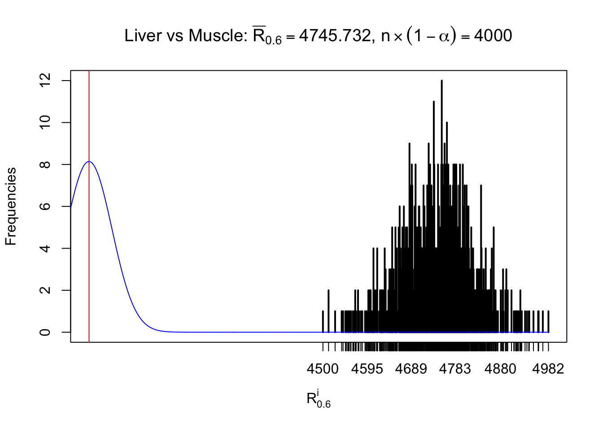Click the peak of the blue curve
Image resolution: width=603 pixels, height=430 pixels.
pyautogui.click(x=89, y=162)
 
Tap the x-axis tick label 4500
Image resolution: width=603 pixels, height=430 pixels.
pyautogui.click(x=323, y=369)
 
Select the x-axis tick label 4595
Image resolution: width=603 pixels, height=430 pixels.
pyautogui.click(x=367, y=369)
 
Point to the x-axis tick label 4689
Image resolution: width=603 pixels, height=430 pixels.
pyautogui.click(x=411, y=369)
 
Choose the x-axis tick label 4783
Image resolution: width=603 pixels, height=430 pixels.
pyautogui.click(x=455, y=369)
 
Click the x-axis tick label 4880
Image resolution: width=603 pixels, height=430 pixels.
pyautogui.click(x=500, y=369)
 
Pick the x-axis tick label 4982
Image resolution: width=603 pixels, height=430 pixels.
pyautogui.click(x=548, y=369)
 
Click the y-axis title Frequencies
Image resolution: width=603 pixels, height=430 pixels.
pyautogui.click(x=11, y=206)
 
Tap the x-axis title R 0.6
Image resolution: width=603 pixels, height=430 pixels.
pyautogui.click(x=318, y=399)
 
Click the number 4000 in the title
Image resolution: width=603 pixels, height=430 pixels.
pyautogui.click(x=493, y=36)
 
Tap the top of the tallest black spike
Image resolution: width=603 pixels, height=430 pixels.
pyautogui.click(x=441, y=81)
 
